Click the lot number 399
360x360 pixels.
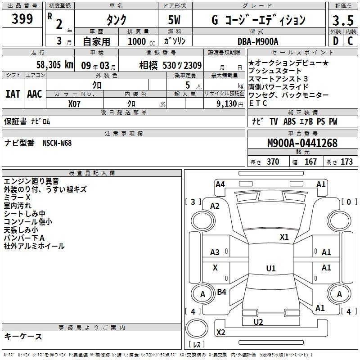[x=22, y=18]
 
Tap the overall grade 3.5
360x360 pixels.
[x=343, y=20]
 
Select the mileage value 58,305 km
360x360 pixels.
[x=55, y=65]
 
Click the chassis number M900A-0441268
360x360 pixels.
[x=302, y=143]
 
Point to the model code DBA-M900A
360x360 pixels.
[x=258, y=41]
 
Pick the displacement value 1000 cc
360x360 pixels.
[x=141, y=41]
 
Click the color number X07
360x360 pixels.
[x=74, y=104]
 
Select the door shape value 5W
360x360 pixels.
[x=174, y=20]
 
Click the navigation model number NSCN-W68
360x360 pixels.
[x=57, y=143]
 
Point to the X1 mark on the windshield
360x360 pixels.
[x=284, y=237]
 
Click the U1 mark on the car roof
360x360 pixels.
[x=271, y=268]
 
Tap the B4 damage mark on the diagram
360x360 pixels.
[x=221, y=292]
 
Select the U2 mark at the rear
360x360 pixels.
[x=258, y=322]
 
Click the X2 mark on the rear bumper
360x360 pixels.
[x=220, y=332]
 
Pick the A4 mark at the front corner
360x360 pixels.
[x=220, y=184]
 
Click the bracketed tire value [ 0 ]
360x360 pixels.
[x=349, y=202]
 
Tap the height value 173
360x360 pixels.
[x=346, y=162]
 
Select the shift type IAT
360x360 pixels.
[x=13, y=94]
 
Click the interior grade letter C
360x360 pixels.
[x=350, y=41]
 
